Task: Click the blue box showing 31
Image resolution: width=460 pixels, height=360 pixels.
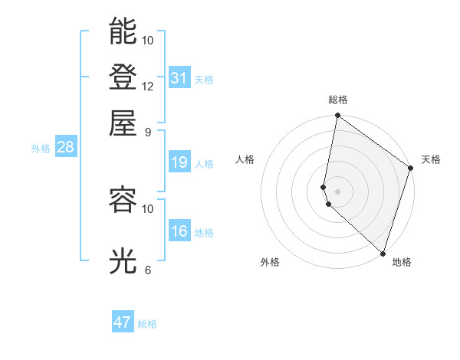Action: click(x=179, y=77)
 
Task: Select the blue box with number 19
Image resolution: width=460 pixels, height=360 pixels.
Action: click(x=179, y=162)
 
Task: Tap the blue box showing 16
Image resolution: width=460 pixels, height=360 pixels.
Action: click(x=179, y=231)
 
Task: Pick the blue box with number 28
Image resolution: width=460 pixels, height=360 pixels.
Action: click(x=65, y=147)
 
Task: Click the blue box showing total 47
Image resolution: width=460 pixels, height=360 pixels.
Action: click(x=123, y=322)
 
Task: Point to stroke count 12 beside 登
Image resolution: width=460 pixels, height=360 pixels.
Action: click(x=148, y=86)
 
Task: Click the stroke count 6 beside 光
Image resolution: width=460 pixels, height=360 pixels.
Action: click(x=148, y=270)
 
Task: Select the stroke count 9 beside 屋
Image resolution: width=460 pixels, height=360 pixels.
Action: click(x=148, y=132)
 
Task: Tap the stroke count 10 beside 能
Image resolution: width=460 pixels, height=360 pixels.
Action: click(x=148, y=40)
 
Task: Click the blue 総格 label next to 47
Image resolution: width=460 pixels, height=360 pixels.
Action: click(x=147, y=324)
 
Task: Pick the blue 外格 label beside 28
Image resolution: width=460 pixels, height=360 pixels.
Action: click(x=40, y=149)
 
